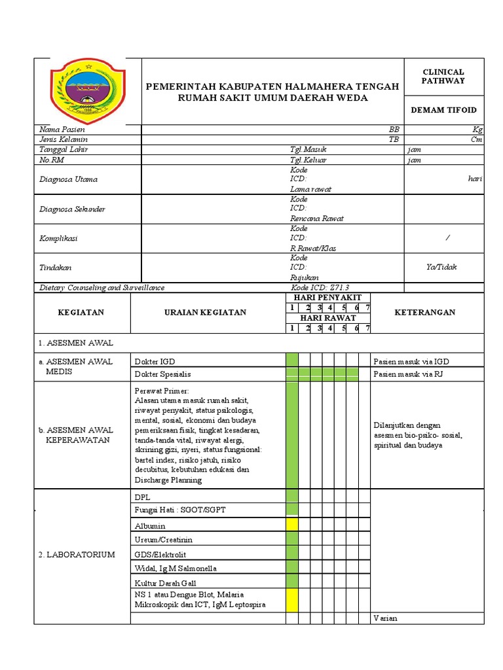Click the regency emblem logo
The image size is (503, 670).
[88, 91]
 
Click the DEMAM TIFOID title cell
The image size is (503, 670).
[443, 110]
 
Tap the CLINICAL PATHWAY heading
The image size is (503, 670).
[443, 76]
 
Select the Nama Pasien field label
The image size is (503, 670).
[62, 130]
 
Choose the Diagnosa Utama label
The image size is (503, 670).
[69, 179]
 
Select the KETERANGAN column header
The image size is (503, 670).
[424, 312]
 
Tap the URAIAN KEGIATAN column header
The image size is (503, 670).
[205, 312]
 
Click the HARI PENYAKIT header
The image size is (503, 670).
[327, 298]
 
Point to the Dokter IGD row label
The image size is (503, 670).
[155, 361]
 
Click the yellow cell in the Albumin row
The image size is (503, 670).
[292, 525]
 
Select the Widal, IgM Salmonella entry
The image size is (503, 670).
[176, 569]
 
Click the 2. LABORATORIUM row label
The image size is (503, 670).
[76, 554]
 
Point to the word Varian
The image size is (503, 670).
[385, 618]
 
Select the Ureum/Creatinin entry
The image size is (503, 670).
[163, 540]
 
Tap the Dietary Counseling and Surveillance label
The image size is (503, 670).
[102, 287]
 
